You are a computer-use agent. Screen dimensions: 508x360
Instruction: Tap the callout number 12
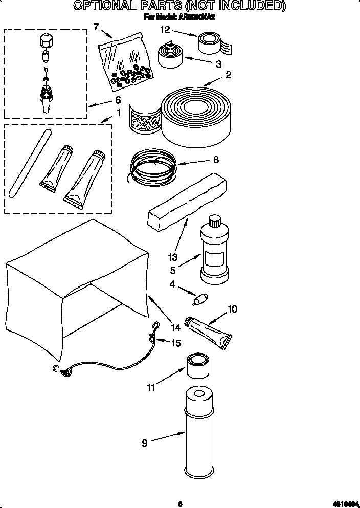(164, 30)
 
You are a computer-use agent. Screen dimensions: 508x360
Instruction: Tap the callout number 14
(175, 328)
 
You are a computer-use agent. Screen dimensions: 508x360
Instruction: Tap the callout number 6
(118, 100)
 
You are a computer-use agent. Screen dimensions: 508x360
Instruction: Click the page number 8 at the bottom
(180, 503)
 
